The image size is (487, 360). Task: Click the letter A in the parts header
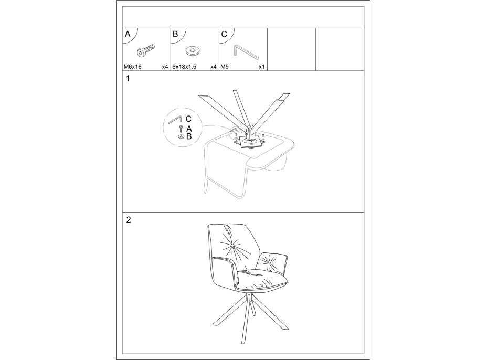tap(128, 34)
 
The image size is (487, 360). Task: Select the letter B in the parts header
tap(175, 34)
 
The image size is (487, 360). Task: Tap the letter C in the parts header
tap(224, 34)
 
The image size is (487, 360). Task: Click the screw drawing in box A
tap(146, 50)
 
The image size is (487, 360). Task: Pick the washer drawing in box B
tap(193, 50)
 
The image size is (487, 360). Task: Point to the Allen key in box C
tap(245, 52)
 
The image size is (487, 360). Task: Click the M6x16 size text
tap(133, 67)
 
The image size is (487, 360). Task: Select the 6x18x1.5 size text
tap(184, 67)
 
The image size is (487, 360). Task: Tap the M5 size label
tap(225, 67)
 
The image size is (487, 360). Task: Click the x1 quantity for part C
tap(261, 67)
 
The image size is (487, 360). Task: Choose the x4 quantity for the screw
tap(165, 67)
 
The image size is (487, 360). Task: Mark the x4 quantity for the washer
tap(214, 67)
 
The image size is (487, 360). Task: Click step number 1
tap(128, 79)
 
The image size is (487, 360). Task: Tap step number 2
tap(128, 220)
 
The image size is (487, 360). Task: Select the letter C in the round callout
tap(188, 119)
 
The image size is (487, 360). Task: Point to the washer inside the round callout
tap(181, 136)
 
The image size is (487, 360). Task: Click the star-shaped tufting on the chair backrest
tap(233, 246)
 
